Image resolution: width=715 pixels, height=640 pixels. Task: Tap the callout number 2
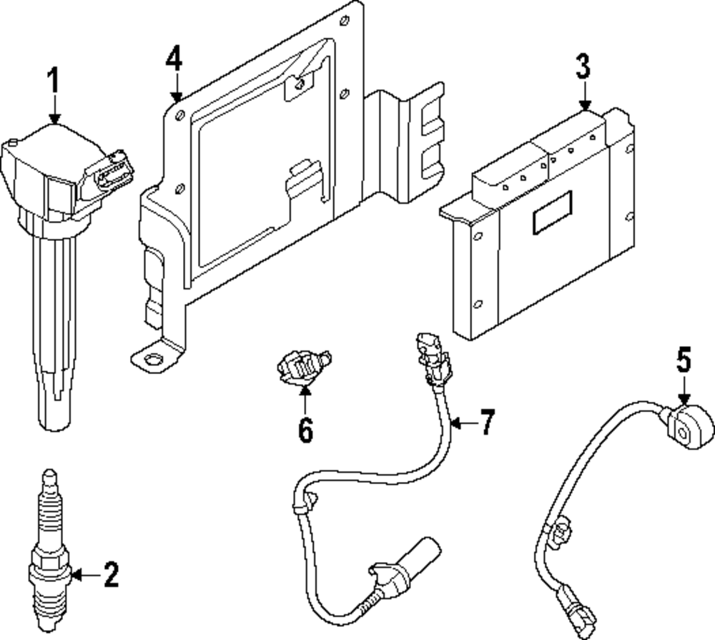click(112, 574)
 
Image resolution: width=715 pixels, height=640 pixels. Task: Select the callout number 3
click(583, 66)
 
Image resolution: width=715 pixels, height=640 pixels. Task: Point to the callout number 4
click(174, 59)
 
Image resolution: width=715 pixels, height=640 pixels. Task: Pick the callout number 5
click(684, 360)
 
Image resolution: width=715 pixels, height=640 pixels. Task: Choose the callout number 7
click(487, 422)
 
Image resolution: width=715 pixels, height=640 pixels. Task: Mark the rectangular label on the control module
click(552, 212)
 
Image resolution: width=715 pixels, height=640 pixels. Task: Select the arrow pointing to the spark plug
click(87, 575)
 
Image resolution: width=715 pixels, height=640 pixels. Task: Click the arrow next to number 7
click(463, 423)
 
